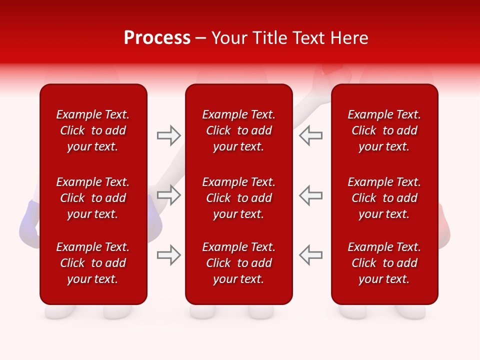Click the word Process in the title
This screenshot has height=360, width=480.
click(157, 38)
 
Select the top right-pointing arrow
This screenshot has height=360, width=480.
click(168, 135)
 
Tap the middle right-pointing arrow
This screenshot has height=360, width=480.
click(168, 195)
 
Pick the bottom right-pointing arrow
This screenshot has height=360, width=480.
click(168, 255)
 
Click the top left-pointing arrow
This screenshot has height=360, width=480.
click(310, 135)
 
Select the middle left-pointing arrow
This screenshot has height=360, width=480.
click(310, 195)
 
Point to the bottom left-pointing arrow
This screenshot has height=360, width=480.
click(310, 255)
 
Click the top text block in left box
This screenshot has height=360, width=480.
click(93, 130)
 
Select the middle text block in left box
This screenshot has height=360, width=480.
click(93, 198)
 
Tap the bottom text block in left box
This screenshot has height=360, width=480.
click(93, 263)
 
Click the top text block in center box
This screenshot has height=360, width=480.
click(239, 130)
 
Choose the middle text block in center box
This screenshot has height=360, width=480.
click(239, 198)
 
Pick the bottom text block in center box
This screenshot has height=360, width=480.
click(239, 263)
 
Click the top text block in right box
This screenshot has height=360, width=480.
click(384, 130)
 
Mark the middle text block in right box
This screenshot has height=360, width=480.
click(384, 198)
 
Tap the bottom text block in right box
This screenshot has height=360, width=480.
click(384, 263)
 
